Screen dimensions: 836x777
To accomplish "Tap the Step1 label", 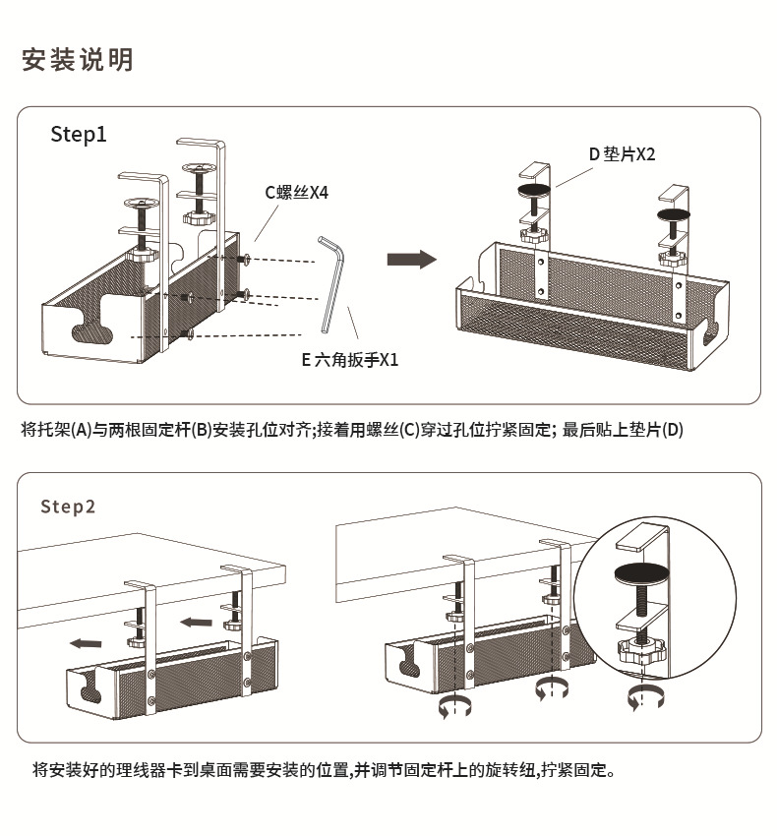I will click(x=79, y=135).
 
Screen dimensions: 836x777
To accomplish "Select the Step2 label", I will click(x=68, y=507).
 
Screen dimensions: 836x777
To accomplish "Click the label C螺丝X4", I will click(x=296, y=193).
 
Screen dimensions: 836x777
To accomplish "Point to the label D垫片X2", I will click(x=622, y=154).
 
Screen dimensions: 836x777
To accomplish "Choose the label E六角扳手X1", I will click(x=350, y=360).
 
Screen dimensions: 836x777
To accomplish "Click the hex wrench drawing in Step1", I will click(x=332, y=285).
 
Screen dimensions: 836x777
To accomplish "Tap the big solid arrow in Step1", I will click(x=410, y=260).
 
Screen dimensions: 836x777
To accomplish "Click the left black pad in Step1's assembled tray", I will click(x=535, y=189).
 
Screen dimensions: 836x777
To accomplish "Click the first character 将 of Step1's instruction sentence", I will click(x=28, y=430).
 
